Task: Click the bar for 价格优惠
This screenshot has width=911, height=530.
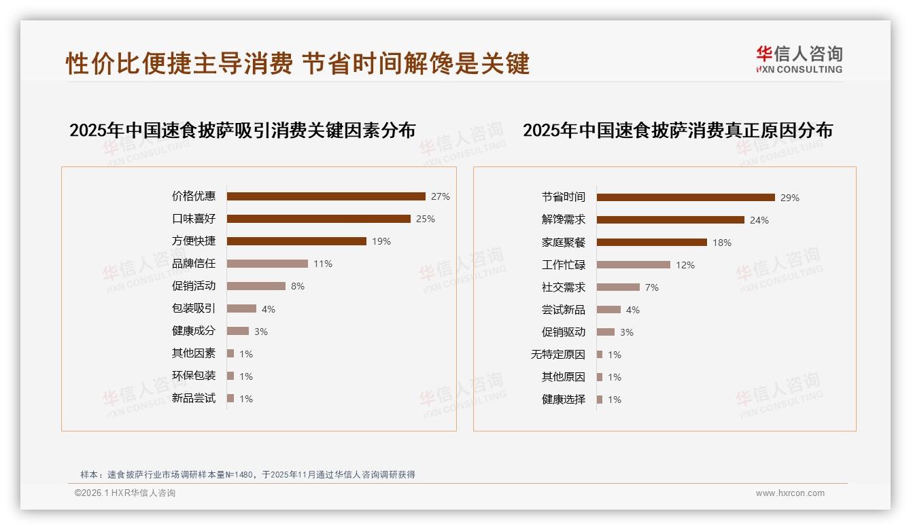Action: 326,196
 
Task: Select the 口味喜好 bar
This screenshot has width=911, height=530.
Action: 319,219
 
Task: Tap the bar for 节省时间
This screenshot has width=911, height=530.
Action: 686,198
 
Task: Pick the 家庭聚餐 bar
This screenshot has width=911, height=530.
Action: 652,243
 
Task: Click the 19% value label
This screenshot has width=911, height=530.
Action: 381,241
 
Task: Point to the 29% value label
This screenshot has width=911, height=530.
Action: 790,198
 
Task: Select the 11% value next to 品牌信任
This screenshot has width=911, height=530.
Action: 323,264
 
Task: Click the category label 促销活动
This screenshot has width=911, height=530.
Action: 194,286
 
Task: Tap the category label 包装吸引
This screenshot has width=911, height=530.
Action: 194,308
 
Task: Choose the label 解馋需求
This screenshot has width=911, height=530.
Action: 564,220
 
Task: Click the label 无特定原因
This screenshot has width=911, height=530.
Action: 558,355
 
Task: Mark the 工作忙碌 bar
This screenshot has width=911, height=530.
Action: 634,265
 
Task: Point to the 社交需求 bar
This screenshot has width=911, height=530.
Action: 618,287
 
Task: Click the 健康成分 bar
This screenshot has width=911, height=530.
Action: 238,331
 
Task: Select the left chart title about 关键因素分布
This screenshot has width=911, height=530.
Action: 243,130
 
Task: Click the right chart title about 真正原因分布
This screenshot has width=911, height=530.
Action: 678,130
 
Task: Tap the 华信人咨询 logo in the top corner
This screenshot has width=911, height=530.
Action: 799,60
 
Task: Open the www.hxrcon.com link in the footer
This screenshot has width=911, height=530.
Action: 790,493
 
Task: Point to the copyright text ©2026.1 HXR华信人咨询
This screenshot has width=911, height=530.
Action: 125,493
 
